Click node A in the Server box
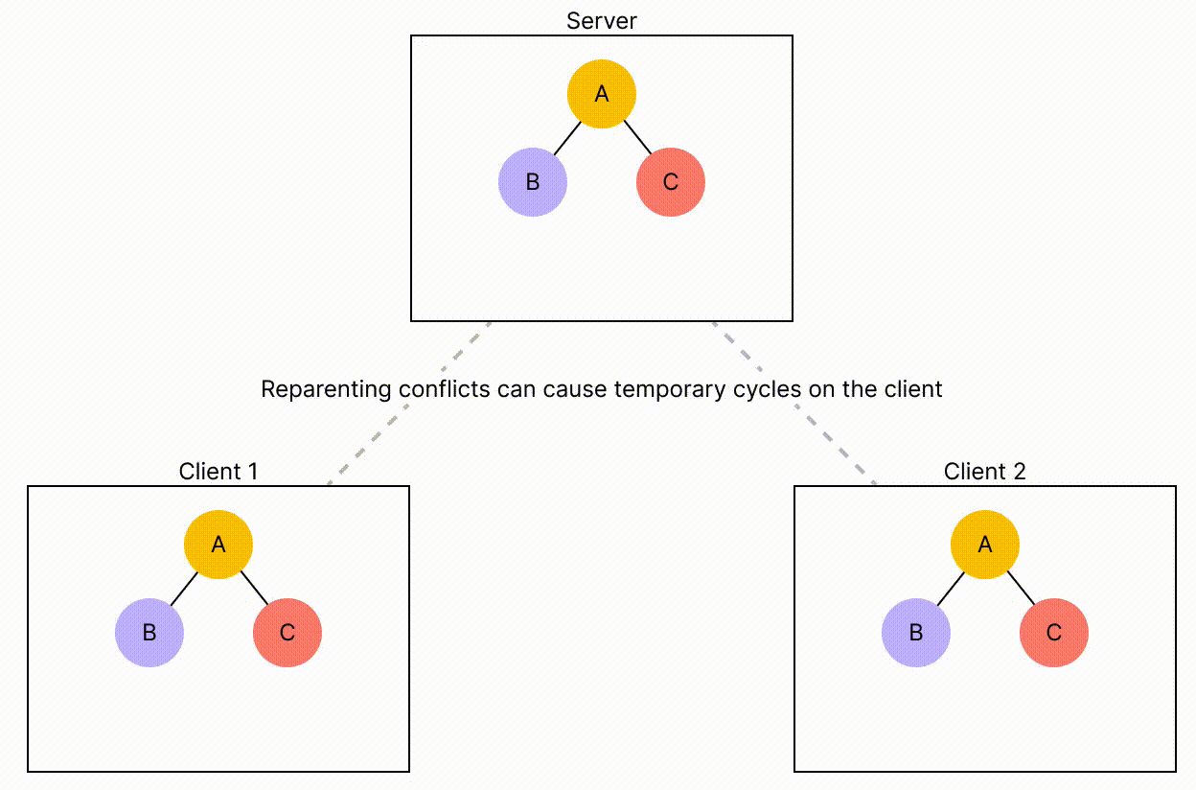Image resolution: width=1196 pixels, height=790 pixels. [x=602, y=94]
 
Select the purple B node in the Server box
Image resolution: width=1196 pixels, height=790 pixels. [x=533, y=182]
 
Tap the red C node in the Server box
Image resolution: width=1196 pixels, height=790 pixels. [x=671, y=182]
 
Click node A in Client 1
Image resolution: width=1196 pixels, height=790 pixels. [x=218, y=545]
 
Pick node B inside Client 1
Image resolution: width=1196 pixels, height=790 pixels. [x=149, y=633]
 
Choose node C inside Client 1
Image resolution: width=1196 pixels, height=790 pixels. [x=287, y=633]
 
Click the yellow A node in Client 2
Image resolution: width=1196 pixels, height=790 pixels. [x=985, y=545]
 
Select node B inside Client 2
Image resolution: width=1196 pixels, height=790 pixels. [x=916, y=633]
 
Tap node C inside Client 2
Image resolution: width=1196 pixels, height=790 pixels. [x=1054, y=633]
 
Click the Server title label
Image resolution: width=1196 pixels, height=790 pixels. [x=602, y=20]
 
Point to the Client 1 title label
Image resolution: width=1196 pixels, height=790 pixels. [x=218, y=471]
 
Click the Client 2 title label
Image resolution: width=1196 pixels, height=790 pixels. [x=985, y=471]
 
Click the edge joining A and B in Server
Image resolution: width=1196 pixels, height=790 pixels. [x=567, y=138]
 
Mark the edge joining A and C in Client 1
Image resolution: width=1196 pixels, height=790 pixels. [x=254, y=588]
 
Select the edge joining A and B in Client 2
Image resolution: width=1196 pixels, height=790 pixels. [x=951, y=589]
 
